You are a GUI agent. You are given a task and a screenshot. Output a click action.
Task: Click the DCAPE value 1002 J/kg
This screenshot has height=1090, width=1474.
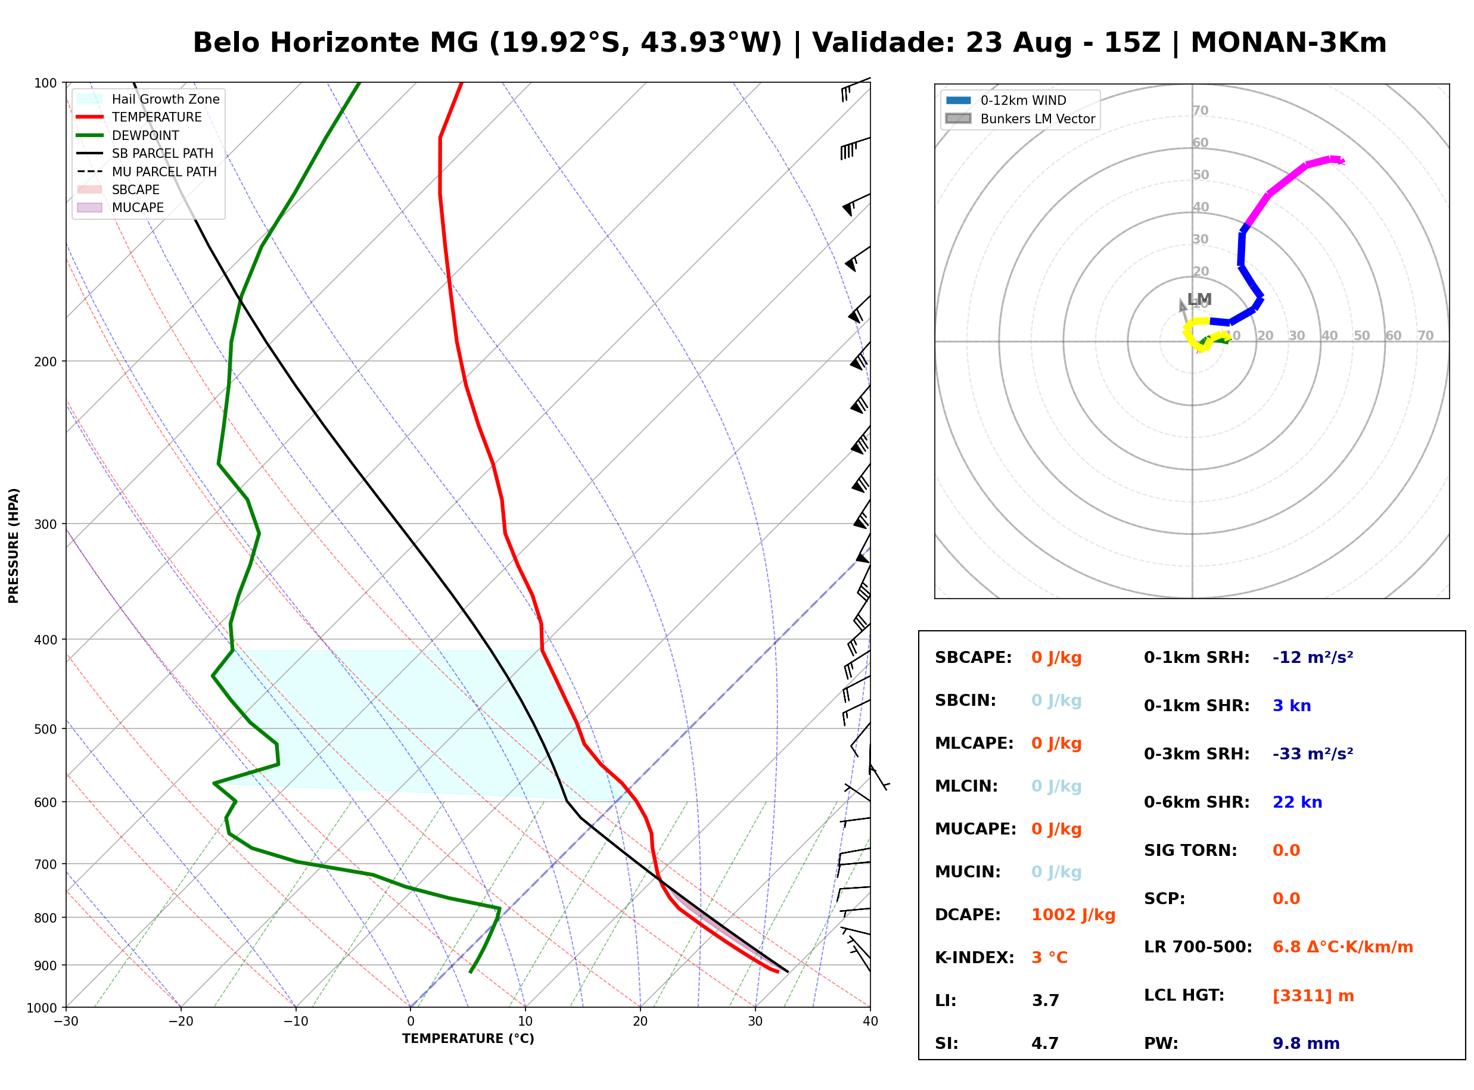click(1073, 915)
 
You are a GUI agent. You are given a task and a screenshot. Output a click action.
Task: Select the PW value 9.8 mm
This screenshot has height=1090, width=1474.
click(1306, 1044)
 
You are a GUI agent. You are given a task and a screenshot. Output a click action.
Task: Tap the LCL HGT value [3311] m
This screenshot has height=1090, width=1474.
click(1313, 996)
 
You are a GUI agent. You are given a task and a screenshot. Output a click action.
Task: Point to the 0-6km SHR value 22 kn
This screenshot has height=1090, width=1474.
click(1297, 802)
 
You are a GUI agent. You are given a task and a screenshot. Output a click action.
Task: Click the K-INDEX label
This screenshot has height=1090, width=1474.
click(975, 958)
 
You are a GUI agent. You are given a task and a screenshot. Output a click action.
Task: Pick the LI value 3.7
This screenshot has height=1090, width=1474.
click(1045, 1001)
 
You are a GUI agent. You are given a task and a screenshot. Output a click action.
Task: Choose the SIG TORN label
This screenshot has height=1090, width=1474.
click(1190, 851)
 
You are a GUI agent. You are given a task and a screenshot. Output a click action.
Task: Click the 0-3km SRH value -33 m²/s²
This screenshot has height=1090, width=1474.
click(1313, 753)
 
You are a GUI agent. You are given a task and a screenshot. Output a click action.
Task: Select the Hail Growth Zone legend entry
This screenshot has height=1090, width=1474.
click(148, 99)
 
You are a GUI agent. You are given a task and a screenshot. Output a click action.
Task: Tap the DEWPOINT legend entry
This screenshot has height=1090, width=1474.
click(128, 135)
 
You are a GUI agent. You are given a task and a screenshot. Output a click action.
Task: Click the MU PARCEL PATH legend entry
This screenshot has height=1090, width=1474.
click(147, 172)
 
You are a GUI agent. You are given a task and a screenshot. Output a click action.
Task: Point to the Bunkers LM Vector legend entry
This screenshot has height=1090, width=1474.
click(1020, 119)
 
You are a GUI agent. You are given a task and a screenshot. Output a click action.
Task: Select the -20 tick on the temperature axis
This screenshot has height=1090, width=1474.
click(180, 1022)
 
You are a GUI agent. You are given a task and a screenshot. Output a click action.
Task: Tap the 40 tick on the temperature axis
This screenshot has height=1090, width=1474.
click(870, 1022)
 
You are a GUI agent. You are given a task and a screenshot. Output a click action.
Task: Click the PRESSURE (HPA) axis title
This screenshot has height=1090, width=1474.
click(14, 546)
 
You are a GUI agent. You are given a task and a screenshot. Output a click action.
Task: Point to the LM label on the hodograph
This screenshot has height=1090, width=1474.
click(1199, 300)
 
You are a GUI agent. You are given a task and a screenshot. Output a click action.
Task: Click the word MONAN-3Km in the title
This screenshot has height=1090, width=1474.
click(1288, 43)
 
